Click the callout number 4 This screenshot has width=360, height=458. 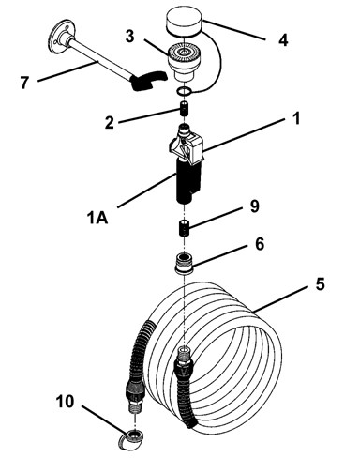coord(283,40)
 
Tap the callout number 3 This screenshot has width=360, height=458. coord(130,36)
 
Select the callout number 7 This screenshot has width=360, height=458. coord(24,83)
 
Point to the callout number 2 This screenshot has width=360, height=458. coord(110,123)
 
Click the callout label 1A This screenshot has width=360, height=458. coord(97,218)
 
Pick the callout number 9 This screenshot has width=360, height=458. coord(255,206)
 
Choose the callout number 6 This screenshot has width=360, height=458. coord(260,244)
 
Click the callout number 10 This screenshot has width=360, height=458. coord(65,402)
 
